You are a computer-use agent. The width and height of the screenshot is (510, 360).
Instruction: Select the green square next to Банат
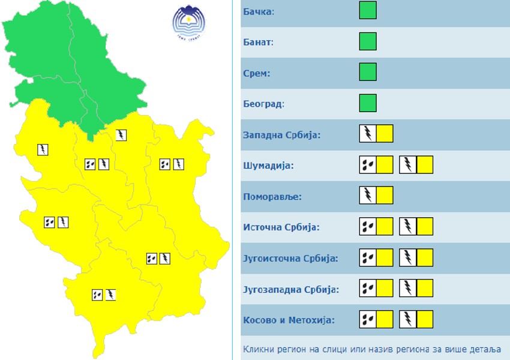click(x=368, y=41)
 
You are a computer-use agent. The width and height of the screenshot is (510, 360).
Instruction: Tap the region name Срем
click(x=257, y=73)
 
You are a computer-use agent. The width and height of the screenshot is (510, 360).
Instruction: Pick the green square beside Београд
click(x=368, y=103)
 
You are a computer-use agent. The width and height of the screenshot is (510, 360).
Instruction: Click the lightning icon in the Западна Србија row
click(x=368, y=134)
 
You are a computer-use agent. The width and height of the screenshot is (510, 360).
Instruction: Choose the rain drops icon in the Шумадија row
click(x=368, y=164)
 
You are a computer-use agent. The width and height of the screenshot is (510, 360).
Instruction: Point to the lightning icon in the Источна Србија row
click(x=408, y=226)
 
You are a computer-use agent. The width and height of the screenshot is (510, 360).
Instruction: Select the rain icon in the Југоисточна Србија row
click(x=368, y=257)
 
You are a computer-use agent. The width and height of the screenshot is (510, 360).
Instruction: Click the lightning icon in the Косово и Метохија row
click(x=408, y=319)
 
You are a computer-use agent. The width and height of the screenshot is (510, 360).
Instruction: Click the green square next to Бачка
click(x=368, y=11)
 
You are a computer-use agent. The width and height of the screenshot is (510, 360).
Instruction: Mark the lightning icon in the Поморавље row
click(x=368, y=195)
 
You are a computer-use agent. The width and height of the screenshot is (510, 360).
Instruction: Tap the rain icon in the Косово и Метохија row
click(x=368, y=319)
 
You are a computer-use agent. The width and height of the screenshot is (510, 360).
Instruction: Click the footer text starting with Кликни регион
click(x=372, y=349)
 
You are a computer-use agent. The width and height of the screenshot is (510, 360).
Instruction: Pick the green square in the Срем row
click(x=368, y=72)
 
